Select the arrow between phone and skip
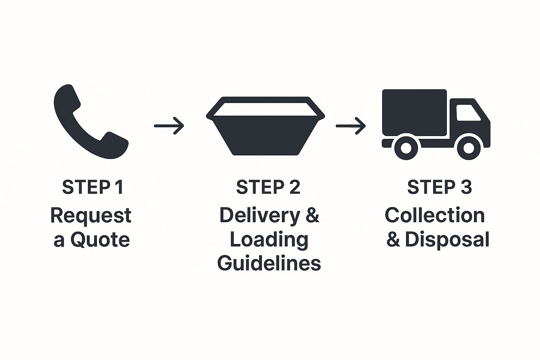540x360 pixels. coord(169,126)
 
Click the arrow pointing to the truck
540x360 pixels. coord(351,126)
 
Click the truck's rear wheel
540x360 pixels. coord(406,147)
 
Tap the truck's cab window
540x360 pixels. coord(468,113)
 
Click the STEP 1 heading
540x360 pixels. coord(92,187)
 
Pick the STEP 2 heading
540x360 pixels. coord(268,187)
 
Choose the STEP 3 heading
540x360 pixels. coord(439,187)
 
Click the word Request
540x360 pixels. coord(91,216)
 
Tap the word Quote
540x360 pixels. coord(100,240)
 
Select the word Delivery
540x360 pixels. coord(260,215)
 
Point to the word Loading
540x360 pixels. coord(269,240)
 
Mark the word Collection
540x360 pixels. coord(435,215)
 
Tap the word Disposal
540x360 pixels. coord(447,240)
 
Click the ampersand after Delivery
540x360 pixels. coord(312,215)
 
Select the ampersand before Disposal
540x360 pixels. coord(393,240)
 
